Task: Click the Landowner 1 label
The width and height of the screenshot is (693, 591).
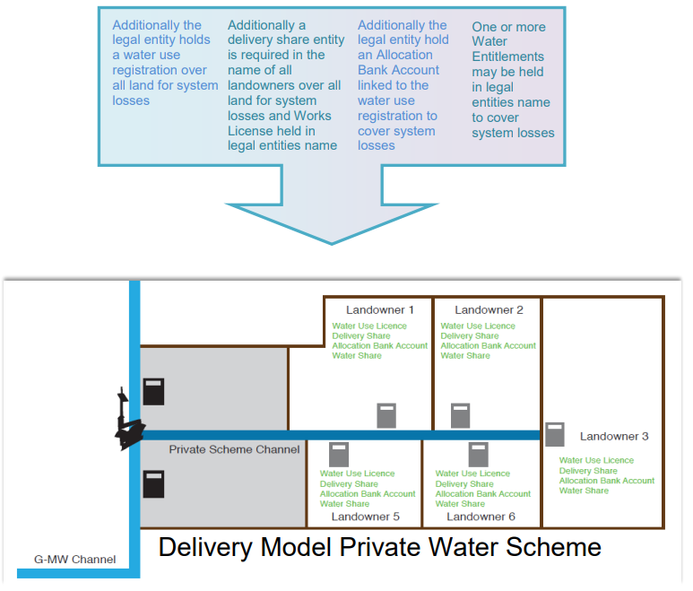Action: [x=381, y=310]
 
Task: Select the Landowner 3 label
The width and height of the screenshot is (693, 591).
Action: [x=614, y=437]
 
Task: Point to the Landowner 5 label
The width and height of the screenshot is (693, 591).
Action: [x=365, y=517]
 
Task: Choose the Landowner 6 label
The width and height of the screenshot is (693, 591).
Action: [x=481, y=517]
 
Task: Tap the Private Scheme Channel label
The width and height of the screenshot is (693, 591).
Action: [x=234, y=449]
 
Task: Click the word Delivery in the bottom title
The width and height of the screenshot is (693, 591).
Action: [x=214, y=546]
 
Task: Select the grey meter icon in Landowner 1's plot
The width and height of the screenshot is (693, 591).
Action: [x=386, y=416]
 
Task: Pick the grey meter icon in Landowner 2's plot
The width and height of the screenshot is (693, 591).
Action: [x=460, y=416]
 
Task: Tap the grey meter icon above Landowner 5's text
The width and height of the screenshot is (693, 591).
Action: [x=339, y=454]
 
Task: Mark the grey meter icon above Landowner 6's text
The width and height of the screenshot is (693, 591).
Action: [x=477, y=454]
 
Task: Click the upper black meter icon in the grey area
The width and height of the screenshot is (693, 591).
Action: [x=154, y=391]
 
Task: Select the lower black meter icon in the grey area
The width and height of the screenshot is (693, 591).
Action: [x=154, y=483]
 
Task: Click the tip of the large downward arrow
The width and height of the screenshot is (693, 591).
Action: [x=332, y=243]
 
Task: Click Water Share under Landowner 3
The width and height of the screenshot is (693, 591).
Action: [x=584, y=491]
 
